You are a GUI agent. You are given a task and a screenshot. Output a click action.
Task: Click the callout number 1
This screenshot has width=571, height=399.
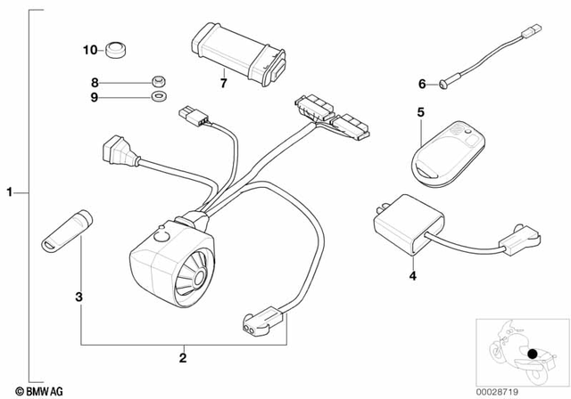pos(10,191)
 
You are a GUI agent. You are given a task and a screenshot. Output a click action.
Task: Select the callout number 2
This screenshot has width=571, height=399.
pos(182,359)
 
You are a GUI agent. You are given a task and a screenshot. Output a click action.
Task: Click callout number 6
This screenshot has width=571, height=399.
pos(422,85)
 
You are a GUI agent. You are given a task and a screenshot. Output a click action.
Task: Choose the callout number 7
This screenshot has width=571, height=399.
pos(224,85)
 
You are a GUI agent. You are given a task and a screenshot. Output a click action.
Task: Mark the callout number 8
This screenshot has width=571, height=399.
pos(93,81)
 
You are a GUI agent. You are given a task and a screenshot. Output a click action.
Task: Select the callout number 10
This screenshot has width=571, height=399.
pos(89,50)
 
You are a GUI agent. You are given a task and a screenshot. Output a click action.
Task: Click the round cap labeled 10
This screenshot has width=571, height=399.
pos(116,48)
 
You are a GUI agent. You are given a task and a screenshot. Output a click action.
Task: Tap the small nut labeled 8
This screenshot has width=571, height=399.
pos(158,80)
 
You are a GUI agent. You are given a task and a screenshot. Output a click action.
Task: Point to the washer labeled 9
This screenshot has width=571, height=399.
pos(158,94)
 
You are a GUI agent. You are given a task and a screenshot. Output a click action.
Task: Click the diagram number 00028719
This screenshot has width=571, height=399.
pos(526,390)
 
